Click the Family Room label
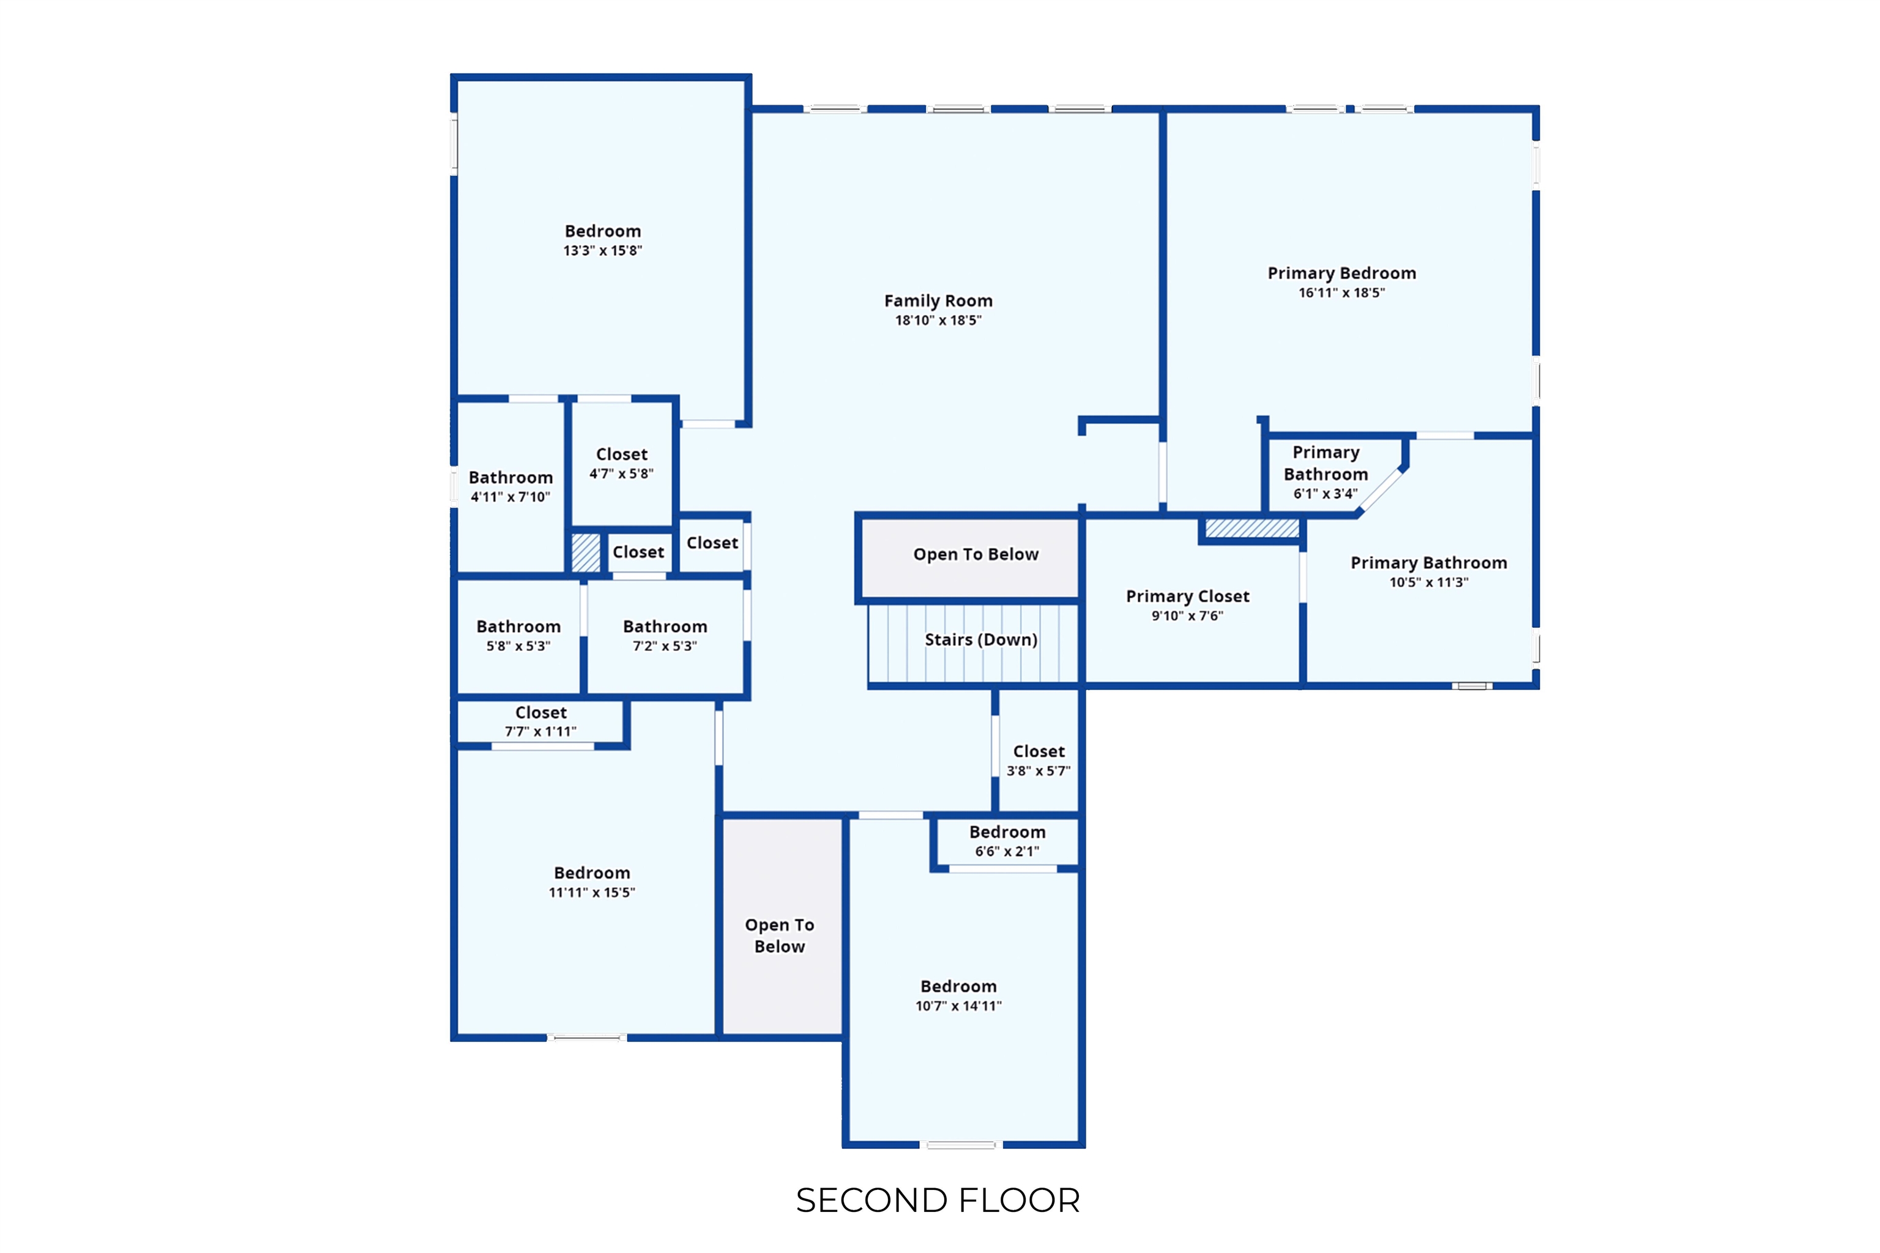[x=938, y=300]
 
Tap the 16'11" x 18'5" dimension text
[x=1341, y=292]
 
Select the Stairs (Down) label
[x=981, y=639]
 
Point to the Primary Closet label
[x=1187, y=596]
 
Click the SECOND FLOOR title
[x=938, y=1200]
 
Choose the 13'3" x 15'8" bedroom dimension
[x=603, y=250]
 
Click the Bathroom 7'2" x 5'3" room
[x=665, y=636]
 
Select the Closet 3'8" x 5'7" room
[x=1039, y=751]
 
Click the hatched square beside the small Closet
[x=585, y=552]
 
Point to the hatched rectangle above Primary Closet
[x=1251, y=528]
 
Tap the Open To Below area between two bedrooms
[x=781, y=927]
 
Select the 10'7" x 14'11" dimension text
[x=958, y=1006]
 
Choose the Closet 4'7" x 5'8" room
[x=622, y=464]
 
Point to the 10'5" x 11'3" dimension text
[x=1428, y=582]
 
